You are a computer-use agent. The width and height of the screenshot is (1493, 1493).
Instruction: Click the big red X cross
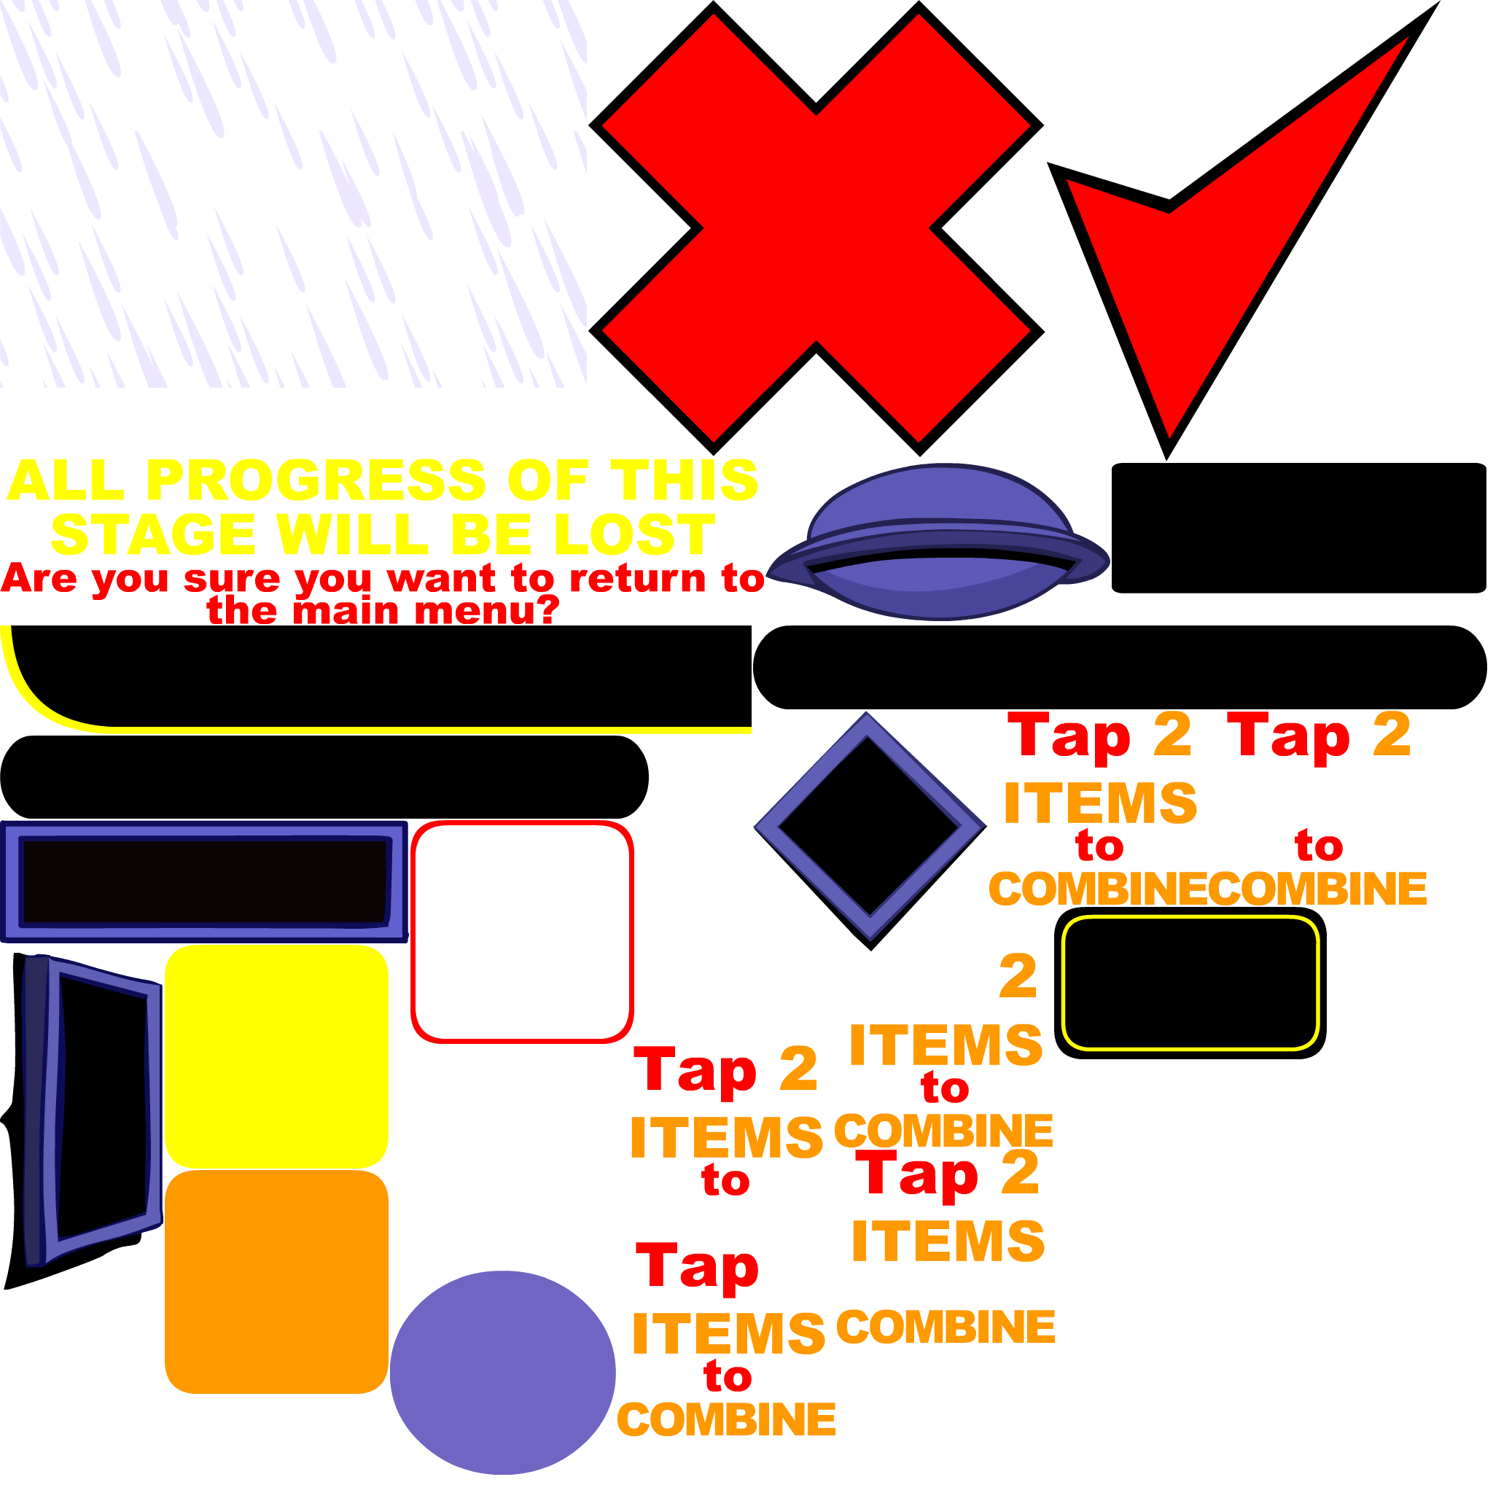816,228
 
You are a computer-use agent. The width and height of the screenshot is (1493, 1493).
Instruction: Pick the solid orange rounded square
276,1282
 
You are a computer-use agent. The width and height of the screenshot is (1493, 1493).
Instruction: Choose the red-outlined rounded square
523,932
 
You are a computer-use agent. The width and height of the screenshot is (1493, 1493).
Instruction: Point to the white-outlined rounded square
502,1158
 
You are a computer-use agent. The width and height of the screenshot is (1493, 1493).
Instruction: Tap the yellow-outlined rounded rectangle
1190,983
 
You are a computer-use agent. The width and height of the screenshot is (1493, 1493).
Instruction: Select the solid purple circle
502,1373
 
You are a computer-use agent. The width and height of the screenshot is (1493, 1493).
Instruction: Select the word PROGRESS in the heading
316,480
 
